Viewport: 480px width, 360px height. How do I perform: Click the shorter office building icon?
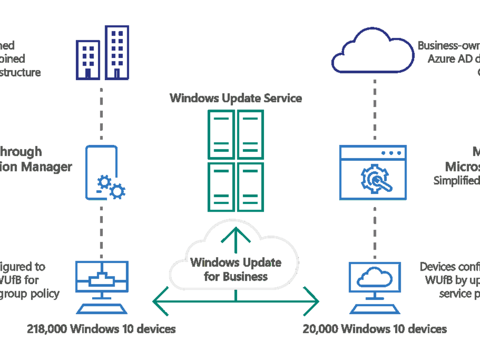point(88,59)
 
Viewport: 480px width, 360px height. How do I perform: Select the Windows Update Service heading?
point(236,98)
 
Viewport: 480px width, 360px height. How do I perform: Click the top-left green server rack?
point(221,134)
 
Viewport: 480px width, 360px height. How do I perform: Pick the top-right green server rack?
point(251,134)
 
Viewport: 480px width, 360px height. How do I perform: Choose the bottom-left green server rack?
point(221,187)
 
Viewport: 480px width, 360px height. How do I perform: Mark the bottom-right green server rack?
point(251,187)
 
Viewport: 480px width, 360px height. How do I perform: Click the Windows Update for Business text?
point(236,270)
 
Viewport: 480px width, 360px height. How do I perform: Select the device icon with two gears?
point(102,173)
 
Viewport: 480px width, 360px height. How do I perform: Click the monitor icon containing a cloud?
point(372,279)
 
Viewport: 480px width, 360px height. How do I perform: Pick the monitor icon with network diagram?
point(102,279)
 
